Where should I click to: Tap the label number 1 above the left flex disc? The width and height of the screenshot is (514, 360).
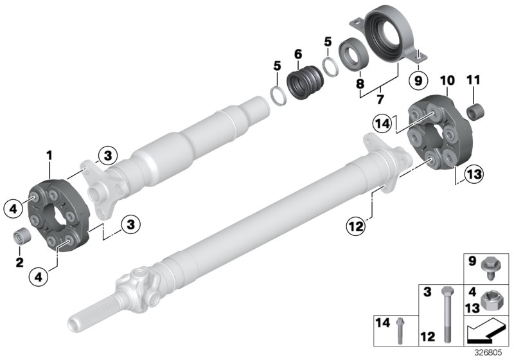(x=49, y=154)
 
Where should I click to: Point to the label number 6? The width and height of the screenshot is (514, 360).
(x=297, y=55)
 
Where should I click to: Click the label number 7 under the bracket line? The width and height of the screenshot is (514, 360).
(x=380, y=101)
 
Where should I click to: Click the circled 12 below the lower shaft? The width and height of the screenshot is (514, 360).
(x=357, y=225)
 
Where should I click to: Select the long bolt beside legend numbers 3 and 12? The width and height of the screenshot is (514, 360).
(x=446, y=316)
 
